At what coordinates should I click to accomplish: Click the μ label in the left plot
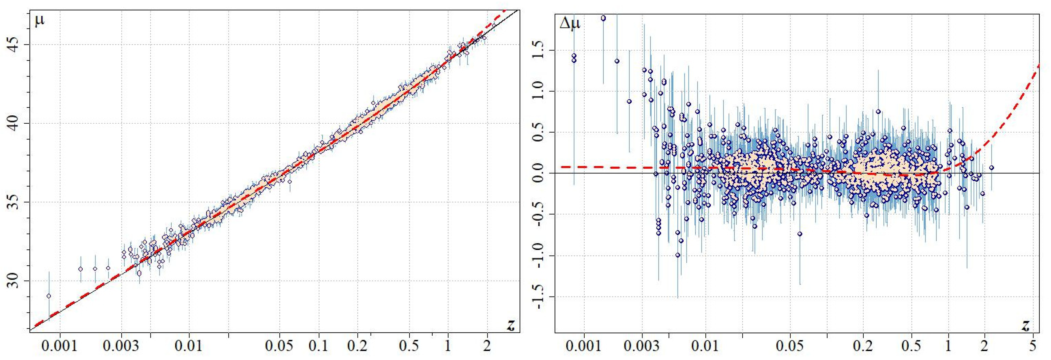click(39, 20)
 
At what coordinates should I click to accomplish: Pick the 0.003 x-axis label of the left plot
click(121, 346)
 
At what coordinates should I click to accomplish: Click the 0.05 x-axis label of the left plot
click(279, 346)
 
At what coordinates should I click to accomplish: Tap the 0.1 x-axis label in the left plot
click(318, 346)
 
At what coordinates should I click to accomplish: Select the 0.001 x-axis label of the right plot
click(584, 346)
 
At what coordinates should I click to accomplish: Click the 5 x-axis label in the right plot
click(1033, 346)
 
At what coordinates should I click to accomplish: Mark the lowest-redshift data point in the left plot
click(49, 296)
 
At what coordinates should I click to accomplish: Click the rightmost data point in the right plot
click(991, 168)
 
